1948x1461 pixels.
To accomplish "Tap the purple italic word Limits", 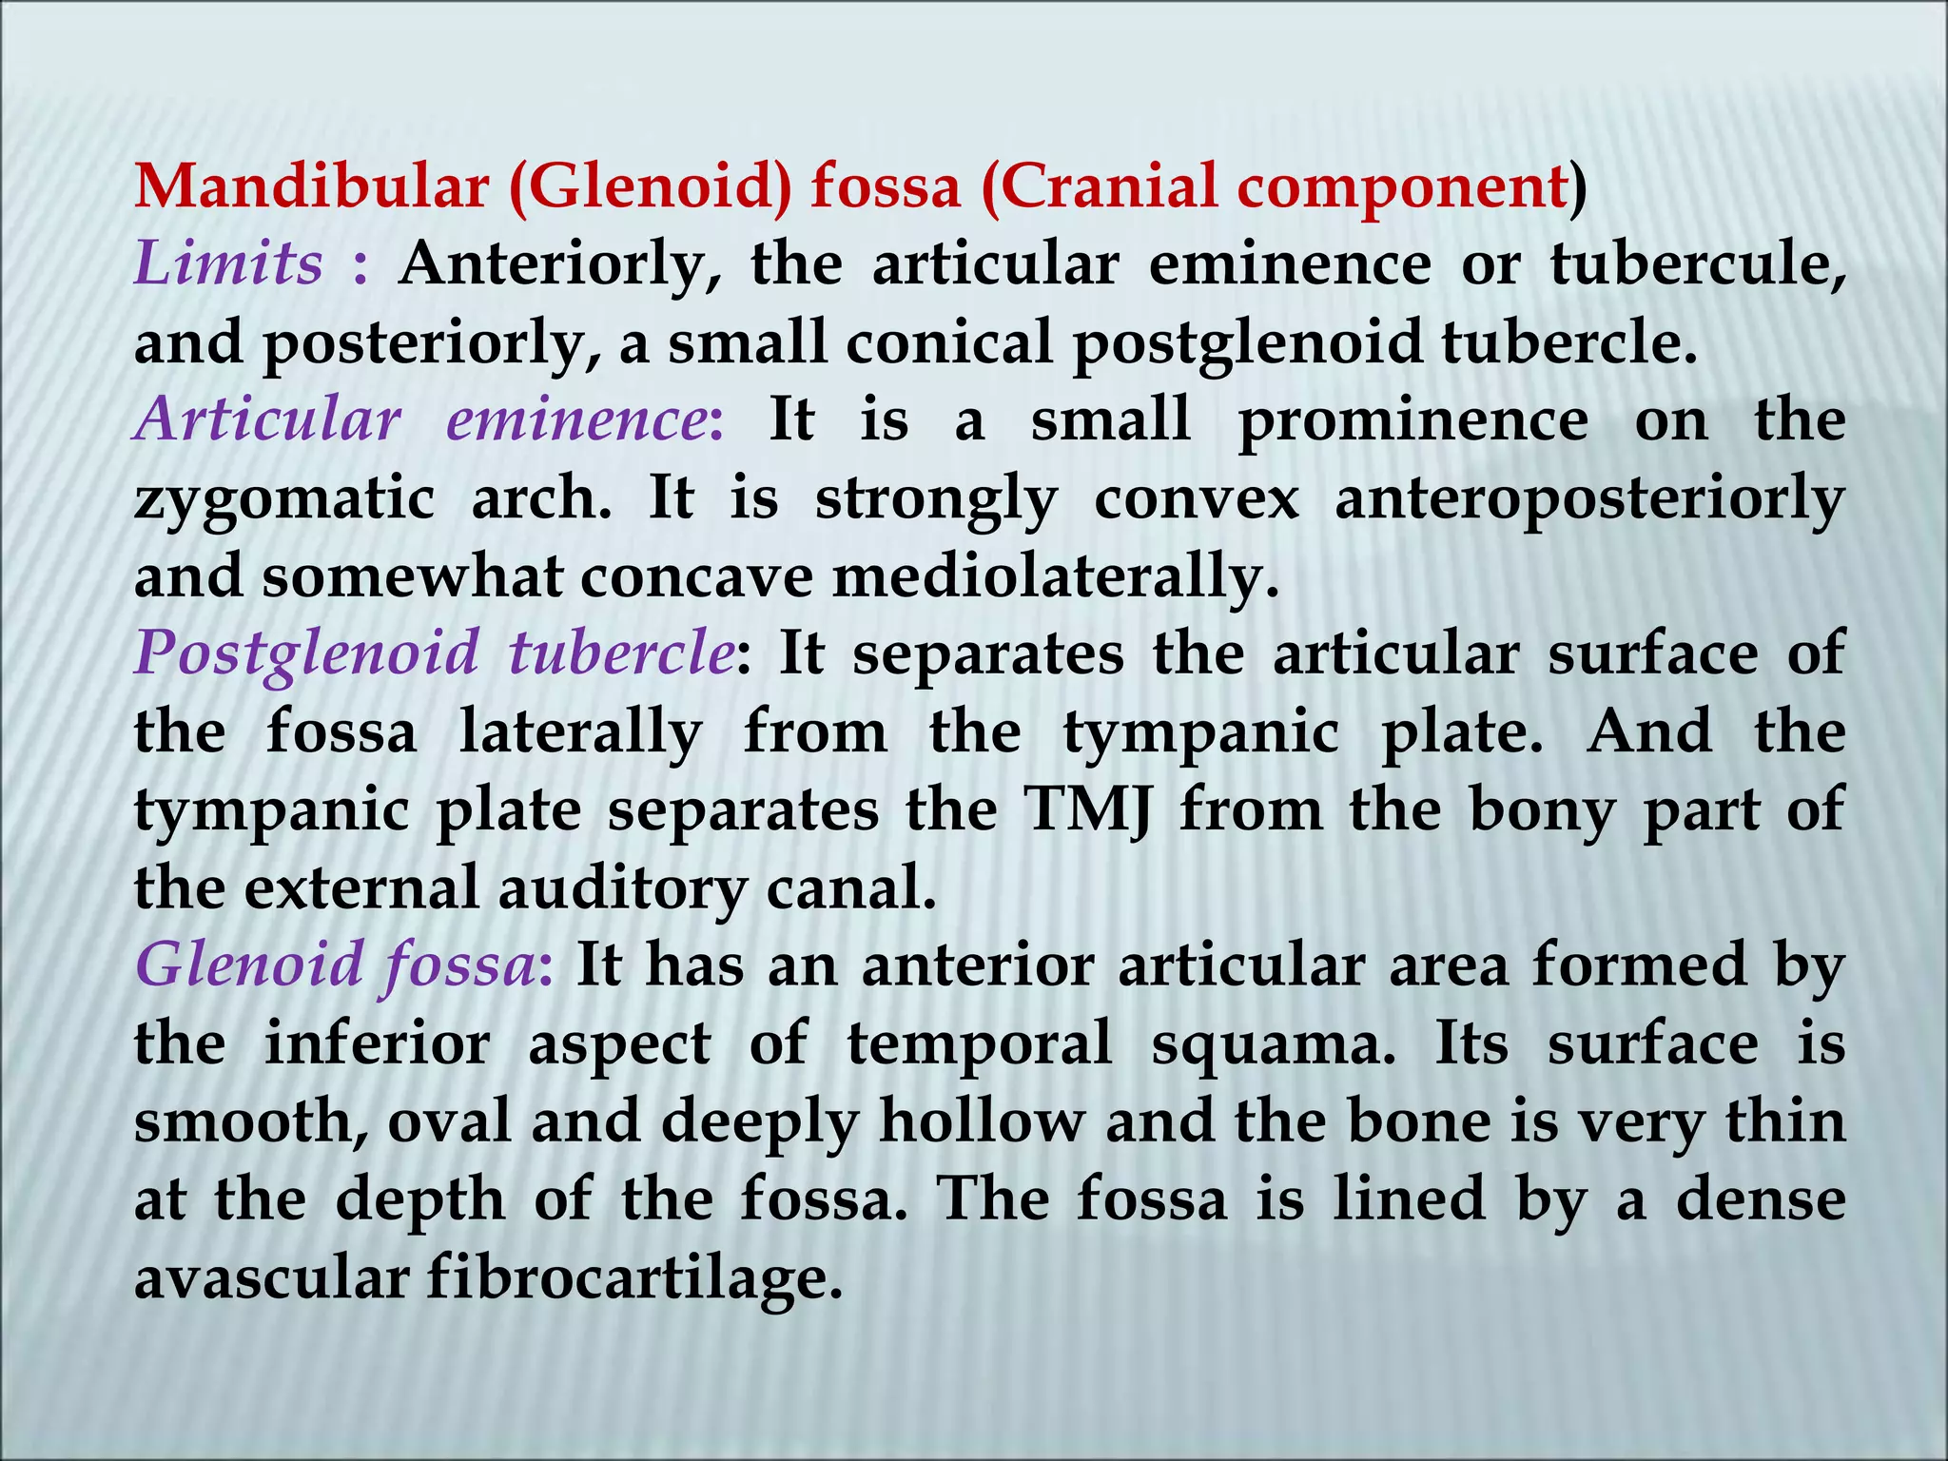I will (x=229, y=263).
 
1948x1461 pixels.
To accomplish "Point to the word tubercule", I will (x=1698, y=263).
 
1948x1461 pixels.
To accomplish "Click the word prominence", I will (x=1412, y=420).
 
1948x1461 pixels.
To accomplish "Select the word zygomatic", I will (x=284, y=499).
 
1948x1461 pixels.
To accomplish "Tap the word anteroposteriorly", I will (x=1589, y=499).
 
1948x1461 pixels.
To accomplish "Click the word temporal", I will (x=979, y=1044).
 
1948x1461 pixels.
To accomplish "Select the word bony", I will (x=1541, y=810).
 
